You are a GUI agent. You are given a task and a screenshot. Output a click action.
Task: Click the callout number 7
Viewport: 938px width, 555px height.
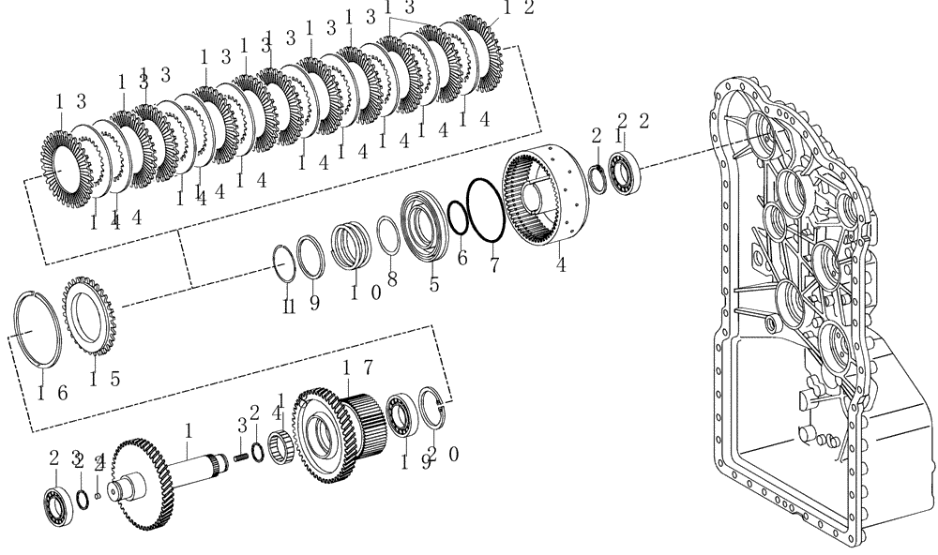coord(493,265)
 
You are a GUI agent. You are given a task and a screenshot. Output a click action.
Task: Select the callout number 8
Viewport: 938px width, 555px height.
coord(392,278)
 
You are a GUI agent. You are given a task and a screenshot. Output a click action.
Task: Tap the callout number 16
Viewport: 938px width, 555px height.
coord(52,392)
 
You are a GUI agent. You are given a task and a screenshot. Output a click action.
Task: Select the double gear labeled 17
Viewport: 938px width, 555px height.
coord(342,431)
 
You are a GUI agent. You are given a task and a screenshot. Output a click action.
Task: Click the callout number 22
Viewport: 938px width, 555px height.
coord(634,119)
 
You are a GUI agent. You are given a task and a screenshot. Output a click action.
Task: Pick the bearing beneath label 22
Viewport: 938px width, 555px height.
coord(624,173)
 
